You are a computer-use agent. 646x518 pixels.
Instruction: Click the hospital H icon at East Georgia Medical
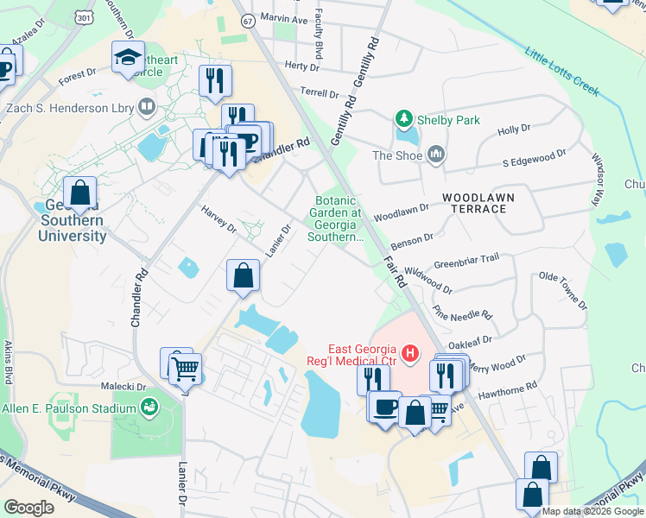(409, 352)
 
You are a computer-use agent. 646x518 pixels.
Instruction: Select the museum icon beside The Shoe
(435, 155)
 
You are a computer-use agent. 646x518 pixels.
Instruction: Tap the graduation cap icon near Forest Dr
(127, 58)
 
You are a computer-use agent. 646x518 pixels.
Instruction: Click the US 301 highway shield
(83, 16)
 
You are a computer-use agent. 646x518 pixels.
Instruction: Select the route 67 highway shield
(248, 20)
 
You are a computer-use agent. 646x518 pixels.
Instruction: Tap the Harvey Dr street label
(218, 219)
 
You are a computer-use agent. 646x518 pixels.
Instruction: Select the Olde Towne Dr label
(562, 292)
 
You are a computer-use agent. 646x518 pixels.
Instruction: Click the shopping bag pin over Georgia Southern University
(80, 193)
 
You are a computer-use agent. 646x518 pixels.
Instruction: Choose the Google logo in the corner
(28, 507)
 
